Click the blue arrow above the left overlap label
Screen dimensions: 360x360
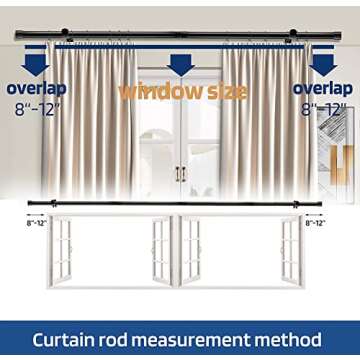pyautogui.click(x=35, y=65)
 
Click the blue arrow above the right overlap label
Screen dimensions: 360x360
pyautogui.click(x=322, y=65)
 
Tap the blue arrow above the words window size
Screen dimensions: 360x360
pyautogui.click(x=180, y=65)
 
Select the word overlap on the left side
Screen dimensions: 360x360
pyautogui.click(x=36, y=88)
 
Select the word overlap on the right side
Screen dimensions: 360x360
pyautogui.click(x=322, y=88)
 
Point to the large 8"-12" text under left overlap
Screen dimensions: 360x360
pyautogui.click(x=36, y=107)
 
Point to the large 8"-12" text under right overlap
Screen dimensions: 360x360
pyautogui.click(x=322, y=107)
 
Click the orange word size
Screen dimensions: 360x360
pyautogui.click(x=225, y=91)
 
